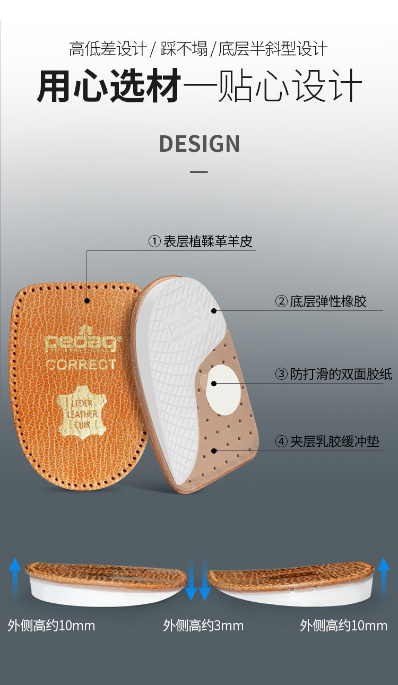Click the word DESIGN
200,144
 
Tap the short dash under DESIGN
199,172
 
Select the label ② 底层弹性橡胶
321,301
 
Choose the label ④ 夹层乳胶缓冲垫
327,441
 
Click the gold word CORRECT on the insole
80,365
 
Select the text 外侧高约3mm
203,626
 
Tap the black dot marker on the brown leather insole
87,301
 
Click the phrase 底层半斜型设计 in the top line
273,49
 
